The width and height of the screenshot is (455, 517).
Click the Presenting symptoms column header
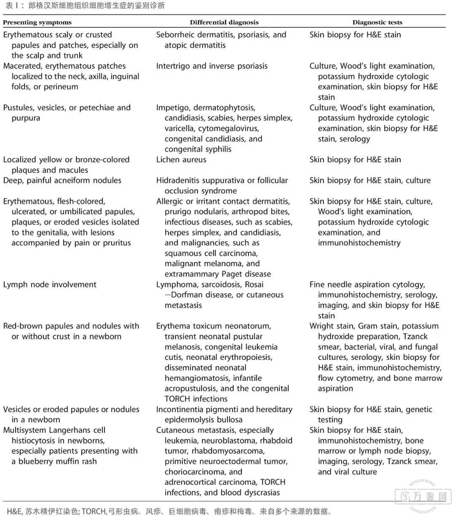[x=37, y=22]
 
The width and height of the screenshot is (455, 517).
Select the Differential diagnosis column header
[x=224, y=22]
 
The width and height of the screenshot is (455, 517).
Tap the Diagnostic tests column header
[x=377, y=22]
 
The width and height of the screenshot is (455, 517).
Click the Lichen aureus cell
[x=181, y=160]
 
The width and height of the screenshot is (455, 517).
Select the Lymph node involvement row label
[x=50, y=284]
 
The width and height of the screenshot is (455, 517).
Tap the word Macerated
[x=22, y=66]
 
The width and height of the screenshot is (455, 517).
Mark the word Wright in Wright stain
[x=322, y=326]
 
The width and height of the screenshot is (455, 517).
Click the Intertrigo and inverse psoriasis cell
[x=212, y=66]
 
